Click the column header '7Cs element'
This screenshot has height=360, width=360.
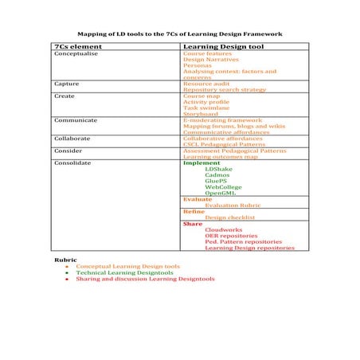[72, 48]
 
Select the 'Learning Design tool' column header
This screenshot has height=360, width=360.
[218, 48]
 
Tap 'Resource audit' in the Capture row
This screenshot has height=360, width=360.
[206, 82]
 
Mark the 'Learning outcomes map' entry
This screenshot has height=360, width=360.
[220, 157]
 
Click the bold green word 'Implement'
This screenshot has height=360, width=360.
[202, 162]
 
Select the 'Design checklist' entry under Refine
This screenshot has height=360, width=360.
[229, 217]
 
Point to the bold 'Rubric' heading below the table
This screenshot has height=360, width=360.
[65, 260]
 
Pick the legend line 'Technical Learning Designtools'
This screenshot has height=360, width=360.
[124, 272]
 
